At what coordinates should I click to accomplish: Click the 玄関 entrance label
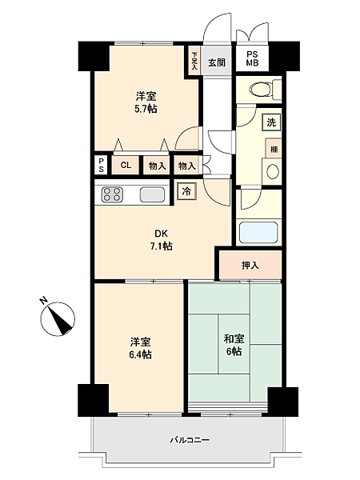point(217,62)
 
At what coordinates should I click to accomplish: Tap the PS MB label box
point(251,58)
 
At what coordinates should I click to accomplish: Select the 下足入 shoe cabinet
point(194,62)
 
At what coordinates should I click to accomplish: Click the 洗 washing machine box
point(270,123)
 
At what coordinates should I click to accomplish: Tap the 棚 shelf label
point(274,150)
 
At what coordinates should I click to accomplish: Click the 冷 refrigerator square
point(186,191)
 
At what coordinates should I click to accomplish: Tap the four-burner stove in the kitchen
point(111,194)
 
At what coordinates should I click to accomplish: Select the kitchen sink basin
point(152,194)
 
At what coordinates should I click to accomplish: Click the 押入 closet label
point(250,265)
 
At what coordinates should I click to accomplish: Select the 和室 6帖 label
point(234,345)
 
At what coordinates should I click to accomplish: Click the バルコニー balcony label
point(189,440)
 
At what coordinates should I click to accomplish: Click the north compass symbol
point(57,317)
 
